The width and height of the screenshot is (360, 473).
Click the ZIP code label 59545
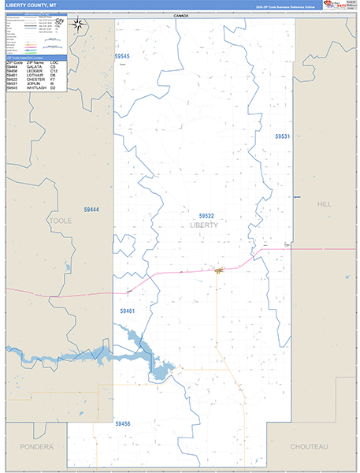121,56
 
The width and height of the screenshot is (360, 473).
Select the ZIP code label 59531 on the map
283,136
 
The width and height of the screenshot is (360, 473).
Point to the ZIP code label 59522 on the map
206,215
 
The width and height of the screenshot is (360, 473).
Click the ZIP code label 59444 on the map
91,209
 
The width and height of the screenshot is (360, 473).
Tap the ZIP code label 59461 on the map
128,311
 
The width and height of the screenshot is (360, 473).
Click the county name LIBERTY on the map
204,225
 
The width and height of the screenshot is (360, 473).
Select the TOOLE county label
61,222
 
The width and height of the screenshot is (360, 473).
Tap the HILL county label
324,204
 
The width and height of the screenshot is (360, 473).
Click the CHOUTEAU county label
309,446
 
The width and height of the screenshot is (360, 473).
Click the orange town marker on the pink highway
218,270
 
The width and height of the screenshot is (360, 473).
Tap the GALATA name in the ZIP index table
39,68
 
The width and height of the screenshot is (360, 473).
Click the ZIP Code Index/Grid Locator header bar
36,58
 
